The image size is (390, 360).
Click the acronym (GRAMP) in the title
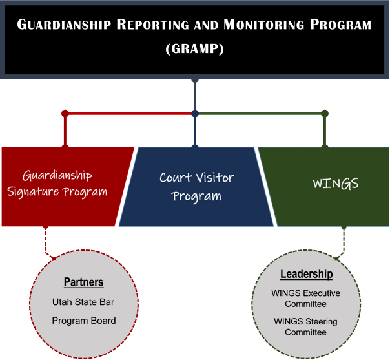pyautogui.click(x=194, y=48)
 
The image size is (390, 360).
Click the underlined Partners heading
pyautogui.click(x=84, y=282)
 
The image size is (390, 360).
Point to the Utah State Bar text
pyautogui.click(x=84, y=302)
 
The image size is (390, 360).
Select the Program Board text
pyautogui.click(x=84, y=321)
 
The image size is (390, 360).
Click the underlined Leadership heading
pyautogui.click(x=306, y=274)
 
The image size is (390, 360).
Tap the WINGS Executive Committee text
pyautogui.click(x=306, y=298)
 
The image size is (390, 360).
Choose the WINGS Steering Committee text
pyautogui.click(x=306, y=326)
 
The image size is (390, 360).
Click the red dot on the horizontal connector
pyautogui.click(x=65, y=114)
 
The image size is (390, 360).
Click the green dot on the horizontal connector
pyautogui.click(x=325, y=114)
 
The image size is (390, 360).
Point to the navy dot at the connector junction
pyautogui.click(x=195, y=114)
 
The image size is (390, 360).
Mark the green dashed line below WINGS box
pyautogui.click(x=344, y=243)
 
